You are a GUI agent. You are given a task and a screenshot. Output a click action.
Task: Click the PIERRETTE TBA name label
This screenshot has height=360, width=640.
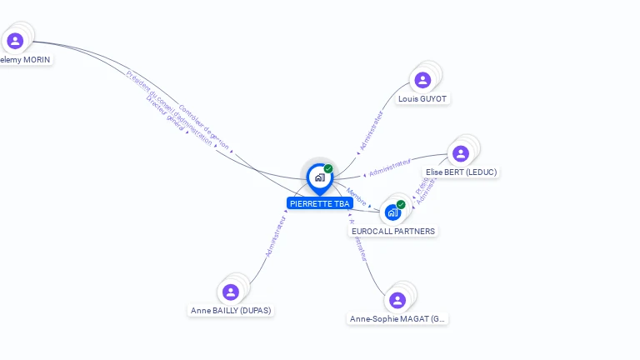[320, 203]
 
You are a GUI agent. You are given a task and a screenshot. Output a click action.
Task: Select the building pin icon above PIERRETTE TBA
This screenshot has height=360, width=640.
[319, 177]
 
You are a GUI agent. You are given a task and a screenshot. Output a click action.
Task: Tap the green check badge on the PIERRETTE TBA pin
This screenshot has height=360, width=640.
[328, 168]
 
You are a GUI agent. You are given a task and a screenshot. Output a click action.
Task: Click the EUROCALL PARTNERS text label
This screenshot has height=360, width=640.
[393, 231]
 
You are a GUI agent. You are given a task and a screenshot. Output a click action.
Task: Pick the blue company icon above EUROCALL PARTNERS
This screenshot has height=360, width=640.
[392, 212]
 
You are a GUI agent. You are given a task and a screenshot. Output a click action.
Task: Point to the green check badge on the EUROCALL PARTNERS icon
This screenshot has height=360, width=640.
[401, 204]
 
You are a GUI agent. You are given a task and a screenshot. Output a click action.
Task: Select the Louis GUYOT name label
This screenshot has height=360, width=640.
[422, 98]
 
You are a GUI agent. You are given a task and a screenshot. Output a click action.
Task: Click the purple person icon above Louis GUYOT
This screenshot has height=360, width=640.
[422, 80]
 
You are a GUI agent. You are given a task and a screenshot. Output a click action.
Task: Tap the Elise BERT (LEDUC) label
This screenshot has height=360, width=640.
[461, 172]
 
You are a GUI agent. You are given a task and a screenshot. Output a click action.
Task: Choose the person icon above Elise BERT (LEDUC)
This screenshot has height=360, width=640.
[461, 153]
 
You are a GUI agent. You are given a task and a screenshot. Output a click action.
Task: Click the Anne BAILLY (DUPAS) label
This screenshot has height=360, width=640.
[231, 310]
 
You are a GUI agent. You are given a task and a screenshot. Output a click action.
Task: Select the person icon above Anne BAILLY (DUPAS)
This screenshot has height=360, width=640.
[231, 292]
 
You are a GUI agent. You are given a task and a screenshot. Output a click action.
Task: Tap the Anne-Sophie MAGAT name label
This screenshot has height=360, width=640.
[397, 318]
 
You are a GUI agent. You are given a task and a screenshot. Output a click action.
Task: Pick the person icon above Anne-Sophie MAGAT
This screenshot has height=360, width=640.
[397, 300]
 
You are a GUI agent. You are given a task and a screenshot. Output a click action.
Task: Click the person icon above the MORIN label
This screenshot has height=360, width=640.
[14, 40]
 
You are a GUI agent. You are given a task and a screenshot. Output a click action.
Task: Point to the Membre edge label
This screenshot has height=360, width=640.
[357, 197]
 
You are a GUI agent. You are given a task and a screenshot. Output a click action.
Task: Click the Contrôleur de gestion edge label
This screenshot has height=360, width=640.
[204, 127]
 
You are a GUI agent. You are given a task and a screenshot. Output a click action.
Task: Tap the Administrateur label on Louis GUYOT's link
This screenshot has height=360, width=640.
[372, 131]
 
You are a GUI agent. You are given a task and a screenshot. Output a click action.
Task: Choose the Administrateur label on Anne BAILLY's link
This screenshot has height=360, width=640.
[276, 237]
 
